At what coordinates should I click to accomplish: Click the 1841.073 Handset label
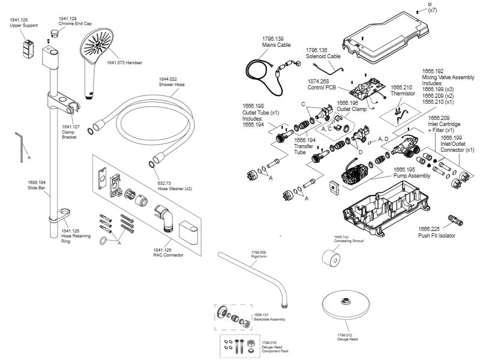click(125, 62)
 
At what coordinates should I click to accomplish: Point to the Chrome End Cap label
click(76, 22)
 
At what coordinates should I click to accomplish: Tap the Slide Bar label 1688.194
click(37, 185)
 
